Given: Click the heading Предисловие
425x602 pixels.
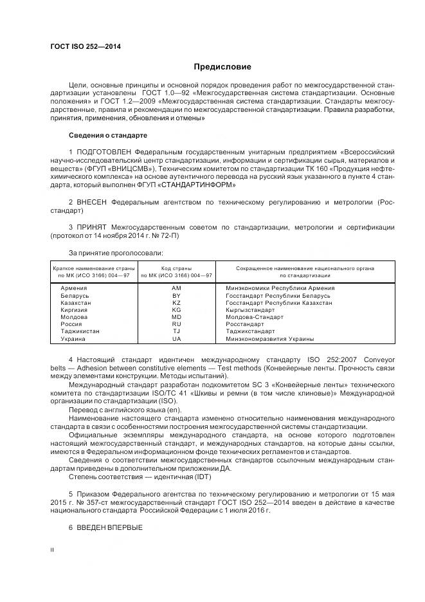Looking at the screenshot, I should tap(223, 67).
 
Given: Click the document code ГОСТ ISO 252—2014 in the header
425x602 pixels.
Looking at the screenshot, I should tap(86, 47).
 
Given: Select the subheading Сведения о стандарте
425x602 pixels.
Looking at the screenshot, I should tap(108, 136).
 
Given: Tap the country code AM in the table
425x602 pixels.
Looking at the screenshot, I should tap(176, 287).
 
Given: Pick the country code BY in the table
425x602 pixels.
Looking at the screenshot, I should tap(176, 295).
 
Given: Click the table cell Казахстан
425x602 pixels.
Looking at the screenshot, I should tap(75, 302).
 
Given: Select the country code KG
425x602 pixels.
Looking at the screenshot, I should tap(176, 309).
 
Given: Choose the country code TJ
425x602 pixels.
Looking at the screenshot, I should tap(176, 331).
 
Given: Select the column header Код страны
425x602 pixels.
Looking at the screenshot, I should tap(176, 268).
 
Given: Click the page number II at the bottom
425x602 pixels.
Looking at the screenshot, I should tap(52, 551).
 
